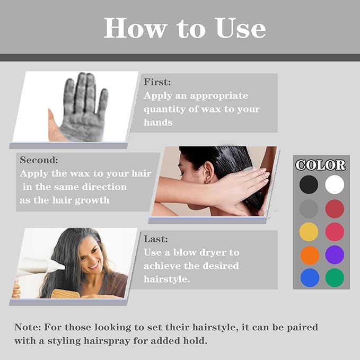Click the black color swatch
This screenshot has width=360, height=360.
click(309, 185)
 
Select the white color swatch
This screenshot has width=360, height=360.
click(335, 185)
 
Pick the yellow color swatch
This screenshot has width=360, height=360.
click(309, 232)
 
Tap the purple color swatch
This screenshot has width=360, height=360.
click(335, 254)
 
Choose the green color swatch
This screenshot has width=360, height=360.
click(335, 278)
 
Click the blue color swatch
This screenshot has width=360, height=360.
click(310, 278)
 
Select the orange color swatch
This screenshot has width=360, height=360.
click(310, 256)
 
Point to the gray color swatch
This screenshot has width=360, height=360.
click(309, 209)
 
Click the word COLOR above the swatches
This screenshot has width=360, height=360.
click(321, 165)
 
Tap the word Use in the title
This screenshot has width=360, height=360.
click(240, 28)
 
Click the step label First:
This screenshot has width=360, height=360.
click(157, 82)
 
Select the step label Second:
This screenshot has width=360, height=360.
click(39, 160)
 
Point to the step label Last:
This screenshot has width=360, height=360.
click(156, 239)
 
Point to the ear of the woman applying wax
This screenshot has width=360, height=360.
click(208, 172)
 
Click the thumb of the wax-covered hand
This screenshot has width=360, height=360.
click(55, 126)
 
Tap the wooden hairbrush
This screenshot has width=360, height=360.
click(65, 294)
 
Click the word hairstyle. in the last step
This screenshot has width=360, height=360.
click(167, 279)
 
